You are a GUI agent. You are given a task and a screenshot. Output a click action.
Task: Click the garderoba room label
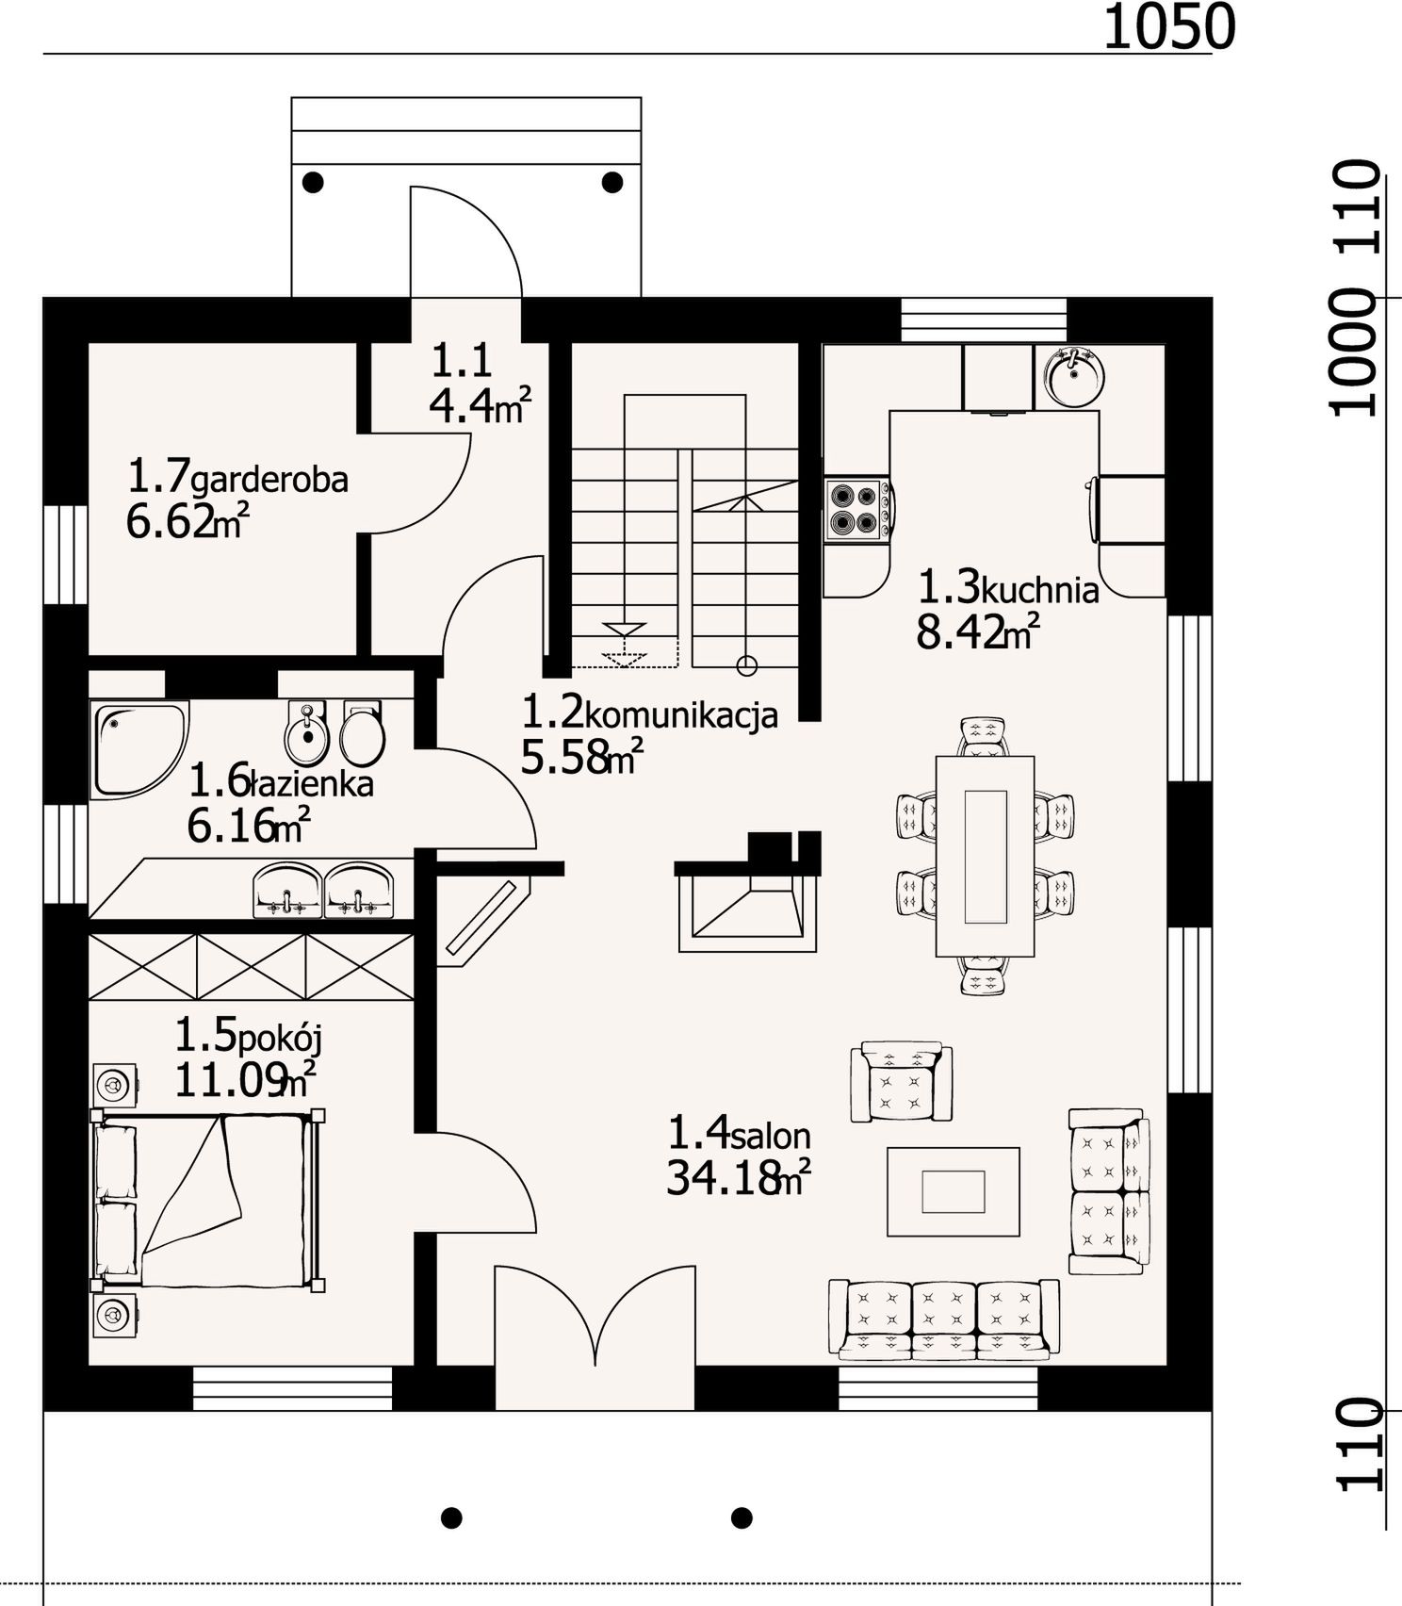(x=269, y=480)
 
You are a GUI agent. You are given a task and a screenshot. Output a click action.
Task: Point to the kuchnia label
(x=1040, y=590)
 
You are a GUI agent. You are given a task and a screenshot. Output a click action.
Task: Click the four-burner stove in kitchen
(x=857, y=510)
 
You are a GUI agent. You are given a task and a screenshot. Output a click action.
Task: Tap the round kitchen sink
(x=1074, y=376)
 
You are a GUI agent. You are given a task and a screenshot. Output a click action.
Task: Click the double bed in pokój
(x=207, y=1200)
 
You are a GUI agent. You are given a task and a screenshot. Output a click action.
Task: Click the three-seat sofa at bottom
(x=944, y=1319)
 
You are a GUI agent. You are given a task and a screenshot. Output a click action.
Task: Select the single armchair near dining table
(x=901, y=1082)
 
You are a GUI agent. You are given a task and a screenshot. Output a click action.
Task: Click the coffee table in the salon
(x=954, y=1191)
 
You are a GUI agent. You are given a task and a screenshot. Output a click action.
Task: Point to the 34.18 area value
(x=724, y=1178)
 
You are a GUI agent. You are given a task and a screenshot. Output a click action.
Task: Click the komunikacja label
(x=681, y=716)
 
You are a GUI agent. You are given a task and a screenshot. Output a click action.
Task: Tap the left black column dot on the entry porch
(x=313, y=182)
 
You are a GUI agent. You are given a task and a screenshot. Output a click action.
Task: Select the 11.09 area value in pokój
(x=230, y=1081)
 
